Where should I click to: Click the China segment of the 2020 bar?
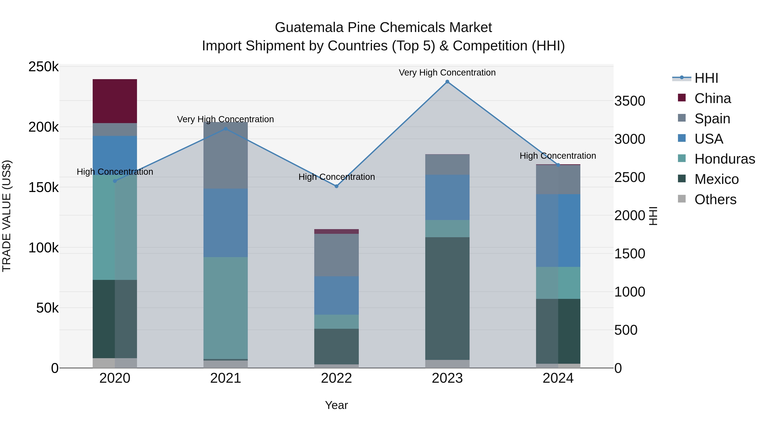click(x=115, y=101)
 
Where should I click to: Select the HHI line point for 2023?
click(x=447, y=82)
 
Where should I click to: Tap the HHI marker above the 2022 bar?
click(x=336, y=186)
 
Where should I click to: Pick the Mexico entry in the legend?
click(x=716, y=179)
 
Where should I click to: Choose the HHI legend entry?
click(x=706, y=78)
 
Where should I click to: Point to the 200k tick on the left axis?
click(x=43, y=127)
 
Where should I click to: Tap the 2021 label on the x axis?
click(x=225, y=378)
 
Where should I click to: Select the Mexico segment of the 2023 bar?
click(x=447, y=298)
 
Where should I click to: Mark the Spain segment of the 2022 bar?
click(x=336, y=255)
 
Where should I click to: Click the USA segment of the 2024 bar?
click(x=558, y=230)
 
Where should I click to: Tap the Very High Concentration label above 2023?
click(x=447, y=73)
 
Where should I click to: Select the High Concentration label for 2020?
click(x=115, y=172)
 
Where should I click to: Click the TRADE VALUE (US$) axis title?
click(x=7, y=216)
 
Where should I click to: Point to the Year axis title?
click(x=336, y=405)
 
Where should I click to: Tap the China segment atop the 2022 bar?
click(x=336, y=231)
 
